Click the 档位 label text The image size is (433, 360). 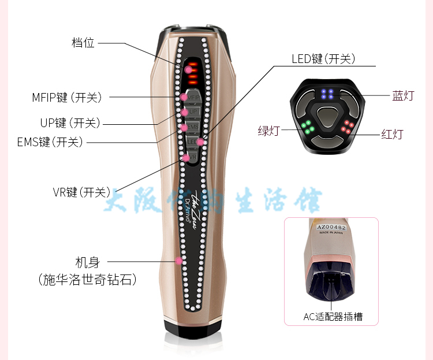83,43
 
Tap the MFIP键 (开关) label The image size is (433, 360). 66,98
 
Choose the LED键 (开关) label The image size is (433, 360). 323,59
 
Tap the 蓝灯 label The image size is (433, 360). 403,96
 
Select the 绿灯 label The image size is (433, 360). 268,131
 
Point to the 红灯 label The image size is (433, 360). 392,135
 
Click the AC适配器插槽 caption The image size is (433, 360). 333,316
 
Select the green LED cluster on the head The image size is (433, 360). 308,127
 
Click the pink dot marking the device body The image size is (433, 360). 179,261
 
